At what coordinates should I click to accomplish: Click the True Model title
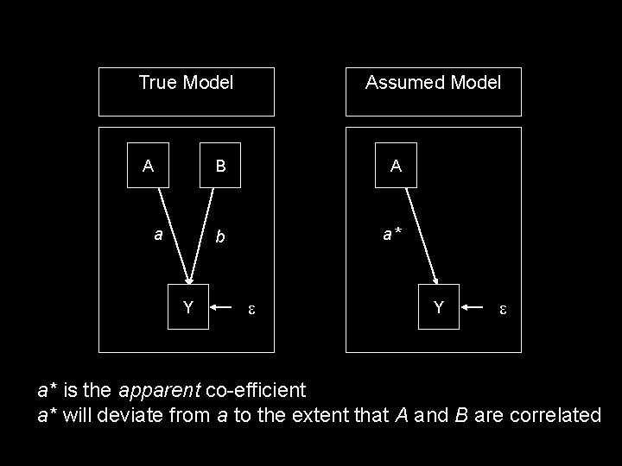tap(186, 83)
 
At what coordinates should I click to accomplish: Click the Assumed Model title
tap(433, 83)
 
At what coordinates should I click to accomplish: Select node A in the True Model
tap(149, 166)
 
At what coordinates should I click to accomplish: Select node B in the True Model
tap(221, 166)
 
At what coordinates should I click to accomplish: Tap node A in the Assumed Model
tap(396, 166)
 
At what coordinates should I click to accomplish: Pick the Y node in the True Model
tap(187, 306)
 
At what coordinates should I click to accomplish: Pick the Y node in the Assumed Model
tap(439, 306)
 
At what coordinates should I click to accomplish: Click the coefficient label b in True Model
tap(221, 236)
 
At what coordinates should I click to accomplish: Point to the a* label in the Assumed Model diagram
tap(393, 234)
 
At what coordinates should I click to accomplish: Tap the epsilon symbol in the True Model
tap(251, 307)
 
